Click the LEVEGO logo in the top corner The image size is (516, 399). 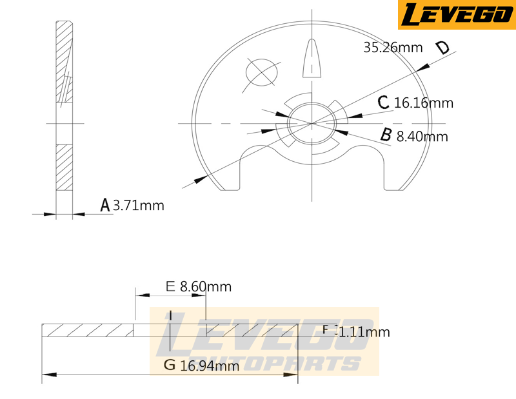tap(456, 15)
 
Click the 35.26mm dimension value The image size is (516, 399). tap(393, 47)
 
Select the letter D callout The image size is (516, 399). tap(442, 48)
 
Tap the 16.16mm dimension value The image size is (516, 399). tap(424, 103)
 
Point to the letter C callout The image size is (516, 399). tap(383, 102)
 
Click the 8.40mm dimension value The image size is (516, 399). tap(422, 137)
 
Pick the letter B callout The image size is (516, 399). tap(386, 135)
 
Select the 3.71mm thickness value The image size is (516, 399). tap(139, 206)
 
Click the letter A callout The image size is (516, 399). tap(105, 205)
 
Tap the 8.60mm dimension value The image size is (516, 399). tap(207, 286)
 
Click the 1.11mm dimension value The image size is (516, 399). tap(364, 333)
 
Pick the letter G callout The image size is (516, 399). tap(170, 365)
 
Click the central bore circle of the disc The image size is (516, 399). tap(313, 122)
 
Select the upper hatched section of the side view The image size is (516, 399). tap(64, 61)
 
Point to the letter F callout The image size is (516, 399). tap(326, 330)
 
